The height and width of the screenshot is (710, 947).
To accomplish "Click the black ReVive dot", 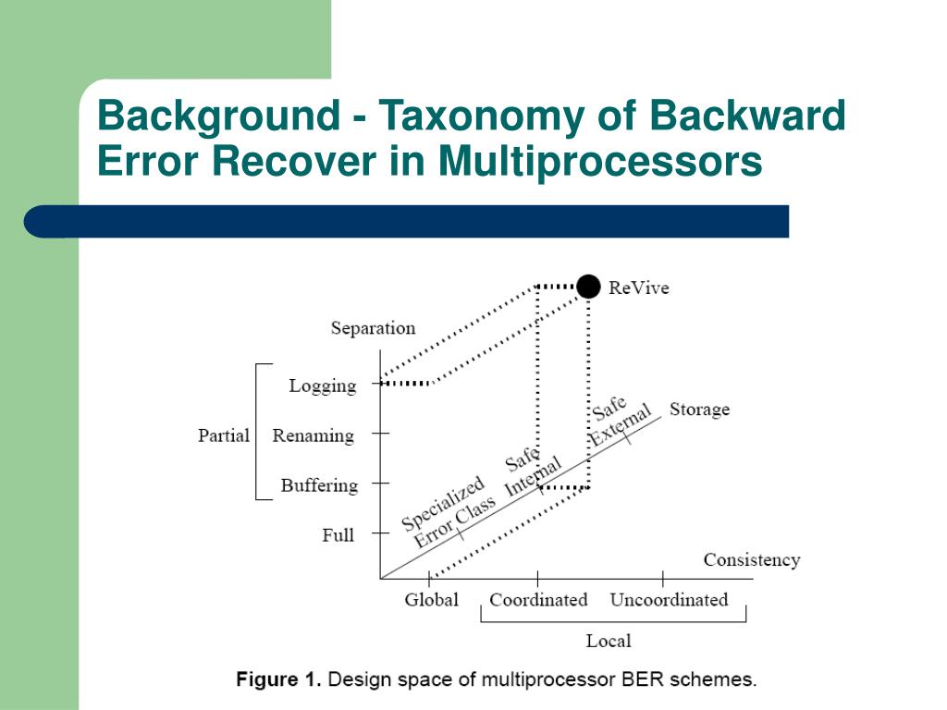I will click(x=588, y=287).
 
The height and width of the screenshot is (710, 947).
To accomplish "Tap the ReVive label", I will click(x=638, y=288).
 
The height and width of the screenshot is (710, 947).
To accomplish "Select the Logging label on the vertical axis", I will click(x=322, y=386).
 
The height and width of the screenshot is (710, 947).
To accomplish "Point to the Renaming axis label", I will click(x=313, y=435).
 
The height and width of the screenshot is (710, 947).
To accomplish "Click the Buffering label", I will click(x=319, y=485).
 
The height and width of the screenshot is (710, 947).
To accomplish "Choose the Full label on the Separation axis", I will click(x=338, y=534).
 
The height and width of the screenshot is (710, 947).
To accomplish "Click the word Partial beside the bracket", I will click(x=224, y=435).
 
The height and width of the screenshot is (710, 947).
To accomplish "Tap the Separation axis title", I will click(x=373, y=328).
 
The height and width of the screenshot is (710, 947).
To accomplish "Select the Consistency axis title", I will click(x=751, y=559).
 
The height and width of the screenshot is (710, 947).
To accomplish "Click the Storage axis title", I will click(x=699, y=409).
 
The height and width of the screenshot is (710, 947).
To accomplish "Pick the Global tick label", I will click(x=431, y=600).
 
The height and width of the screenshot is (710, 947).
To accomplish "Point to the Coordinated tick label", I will click(x=538, y=600).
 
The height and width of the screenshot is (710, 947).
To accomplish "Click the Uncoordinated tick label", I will click(x=669, y=600).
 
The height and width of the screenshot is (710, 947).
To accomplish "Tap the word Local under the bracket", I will click(x=609, y=641).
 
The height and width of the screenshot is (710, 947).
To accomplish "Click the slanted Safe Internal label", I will click(x=530, y=472).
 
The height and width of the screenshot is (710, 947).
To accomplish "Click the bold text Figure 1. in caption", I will click(x=278, y=679).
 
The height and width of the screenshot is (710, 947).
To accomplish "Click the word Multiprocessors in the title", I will click(x=600, y=161).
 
